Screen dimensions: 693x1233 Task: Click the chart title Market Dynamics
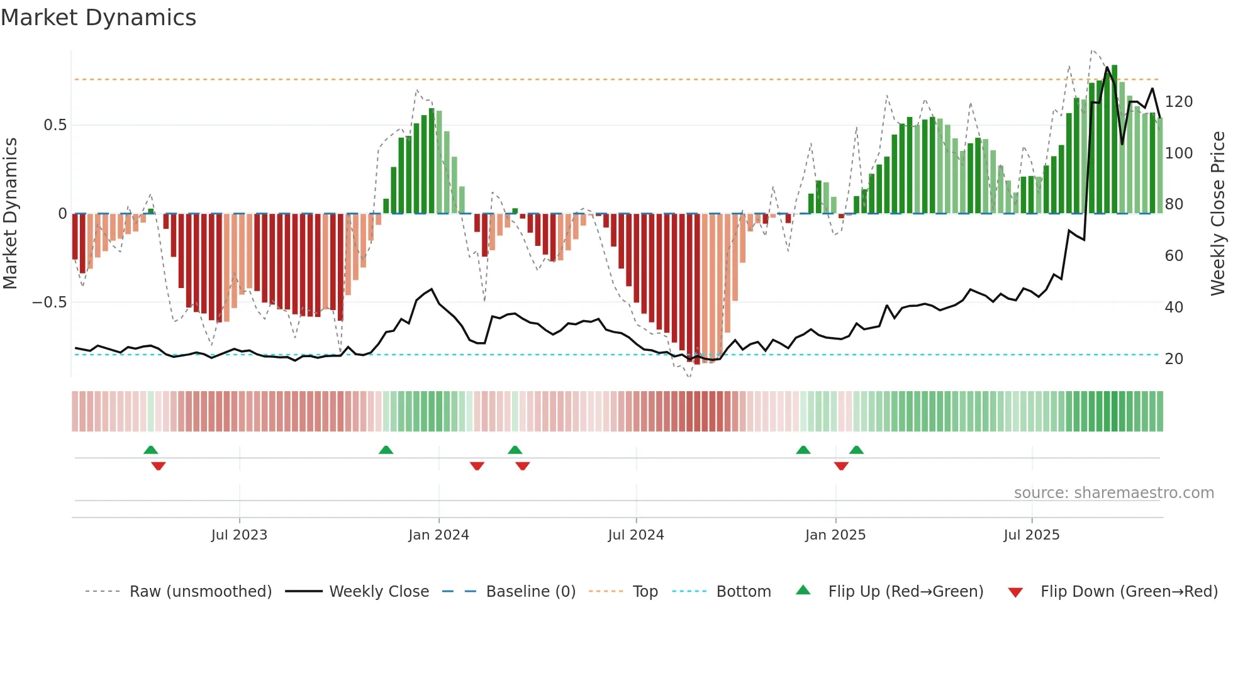98,18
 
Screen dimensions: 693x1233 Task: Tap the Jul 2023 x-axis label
239,535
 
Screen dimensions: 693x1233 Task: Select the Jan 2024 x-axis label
438,535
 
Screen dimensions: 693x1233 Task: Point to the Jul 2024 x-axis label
635,535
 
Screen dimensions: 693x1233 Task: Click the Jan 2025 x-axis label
835,535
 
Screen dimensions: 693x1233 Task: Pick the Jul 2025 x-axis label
1031,535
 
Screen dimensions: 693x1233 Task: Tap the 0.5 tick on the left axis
55,125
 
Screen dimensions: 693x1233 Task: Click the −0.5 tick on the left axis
49,302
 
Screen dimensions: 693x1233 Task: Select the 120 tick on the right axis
1178,102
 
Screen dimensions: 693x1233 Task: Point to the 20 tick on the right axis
1174,359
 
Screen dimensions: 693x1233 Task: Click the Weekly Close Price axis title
1218,214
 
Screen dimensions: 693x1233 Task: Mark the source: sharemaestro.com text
1113,493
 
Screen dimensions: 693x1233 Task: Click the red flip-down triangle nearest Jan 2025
841,466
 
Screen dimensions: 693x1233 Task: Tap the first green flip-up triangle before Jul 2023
150,450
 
